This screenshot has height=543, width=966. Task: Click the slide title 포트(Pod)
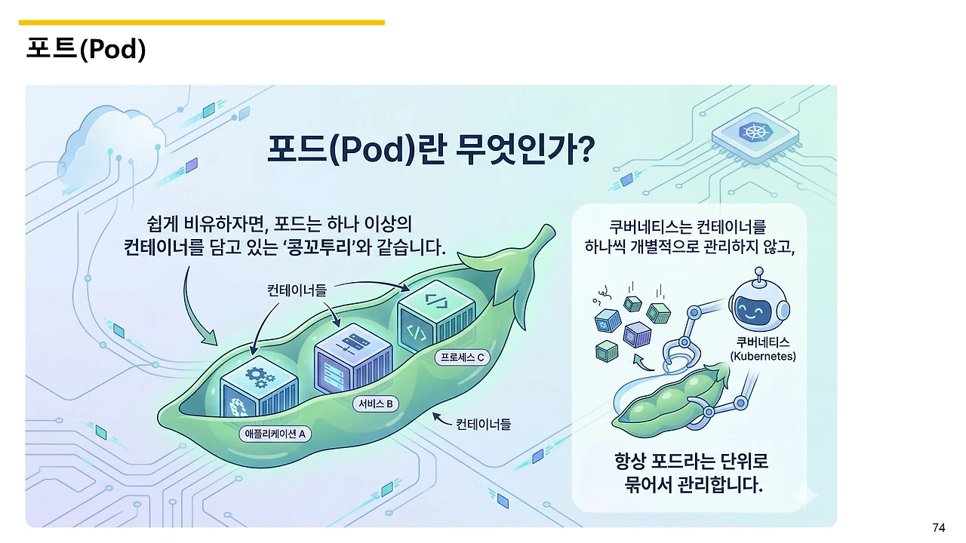tap(85, 49)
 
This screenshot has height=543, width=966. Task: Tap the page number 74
tap(939, 527)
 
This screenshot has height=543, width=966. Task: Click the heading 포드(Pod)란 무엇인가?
tap(431, 149)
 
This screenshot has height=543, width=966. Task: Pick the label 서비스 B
tap(374, 403)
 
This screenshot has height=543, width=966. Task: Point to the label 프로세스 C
tap(463, 357)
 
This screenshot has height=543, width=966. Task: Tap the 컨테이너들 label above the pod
tap(297, 290)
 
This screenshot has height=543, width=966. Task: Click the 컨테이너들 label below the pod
tap(483, 425)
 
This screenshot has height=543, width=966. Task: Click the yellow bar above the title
tap(202, 23)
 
